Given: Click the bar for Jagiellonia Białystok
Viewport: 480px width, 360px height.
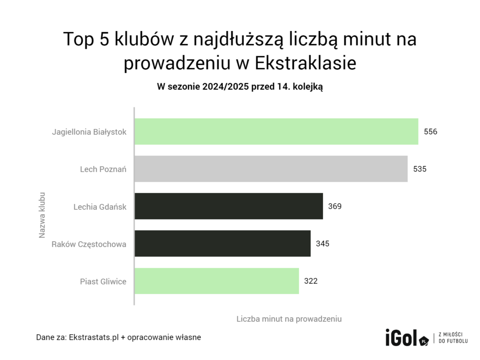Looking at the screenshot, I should tap(276, 131).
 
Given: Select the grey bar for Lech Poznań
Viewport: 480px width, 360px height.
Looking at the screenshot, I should tap(271, 169).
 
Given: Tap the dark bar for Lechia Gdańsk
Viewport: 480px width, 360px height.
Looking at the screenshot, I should tap(229, 206).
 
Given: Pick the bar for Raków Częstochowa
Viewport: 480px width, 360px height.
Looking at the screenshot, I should tap(223, 243).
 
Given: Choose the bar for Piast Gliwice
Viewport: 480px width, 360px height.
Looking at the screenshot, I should tap(217, 281).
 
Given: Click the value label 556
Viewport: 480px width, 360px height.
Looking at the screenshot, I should tap(430, 132).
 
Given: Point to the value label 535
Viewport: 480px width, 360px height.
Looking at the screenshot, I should tap(420, 169).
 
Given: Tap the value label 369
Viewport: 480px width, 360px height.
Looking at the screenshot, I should tap(335, 206).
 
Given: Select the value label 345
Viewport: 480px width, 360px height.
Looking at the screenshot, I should tap(322, 244).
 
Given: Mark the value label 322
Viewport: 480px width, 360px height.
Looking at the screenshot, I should tap(311, 281).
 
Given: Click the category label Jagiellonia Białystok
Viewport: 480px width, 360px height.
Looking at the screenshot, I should tap(89, 132).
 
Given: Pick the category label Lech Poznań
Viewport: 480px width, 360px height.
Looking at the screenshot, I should tap(103, 169).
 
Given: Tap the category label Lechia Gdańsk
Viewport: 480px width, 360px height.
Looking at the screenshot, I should tap(100, 206).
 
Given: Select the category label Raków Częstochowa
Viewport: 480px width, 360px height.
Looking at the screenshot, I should tap(89, 244).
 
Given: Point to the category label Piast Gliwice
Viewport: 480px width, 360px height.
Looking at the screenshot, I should tap(103, 281).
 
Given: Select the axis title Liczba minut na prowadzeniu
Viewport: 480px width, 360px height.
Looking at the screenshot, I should tap(289, 319).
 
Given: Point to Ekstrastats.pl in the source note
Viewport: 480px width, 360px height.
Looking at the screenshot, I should tap(93, 337).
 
